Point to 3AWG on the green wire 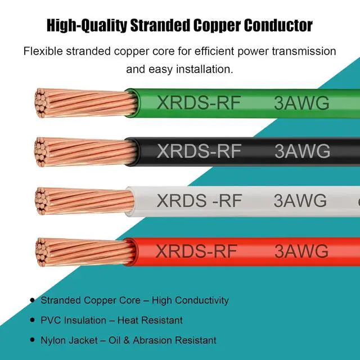pos(301,103)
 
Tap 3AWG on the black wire pos(302,151)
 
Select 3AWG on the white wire pos(300,200)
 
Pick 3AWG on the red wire pos(301,250)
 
